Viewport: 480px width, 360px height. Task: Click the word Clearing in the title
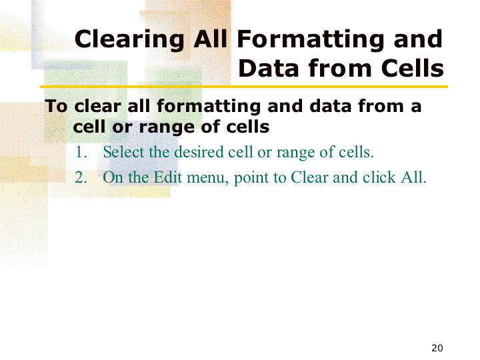click(x=129, y=40)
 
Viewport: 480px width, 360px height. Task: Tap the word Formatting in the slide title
click(x=311, y=40)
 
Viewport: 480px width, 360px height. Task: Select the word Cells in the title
click(x=413, y=68)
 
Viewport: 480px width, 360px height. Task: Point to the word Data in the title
click(x=268, y=68)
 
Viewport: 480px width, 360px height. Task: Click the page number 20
click(x=437, y=348)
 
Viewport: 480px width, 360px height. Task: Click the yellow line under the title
click(x=244, y=87)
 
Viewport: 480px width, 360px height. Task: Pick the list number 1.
click(x=81, y=152)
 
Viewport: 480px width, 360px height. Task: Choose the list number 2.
click(x=81, y=177)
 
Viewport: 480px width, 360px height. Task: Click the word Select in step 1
click(x=123, y=152)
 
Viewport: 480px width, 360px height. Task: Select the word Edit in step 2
click(x=167, y=177)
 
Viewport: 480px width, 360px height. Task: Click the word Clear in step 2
click(x=309, y=177)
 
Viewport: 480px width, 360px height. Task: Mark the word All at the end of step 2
click(x=413, y=177)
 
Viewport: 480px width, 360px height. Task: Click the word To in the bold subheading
click(x=56, y=106)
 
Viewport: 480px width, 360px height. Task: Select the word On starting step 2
click(x=113, y=177)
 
